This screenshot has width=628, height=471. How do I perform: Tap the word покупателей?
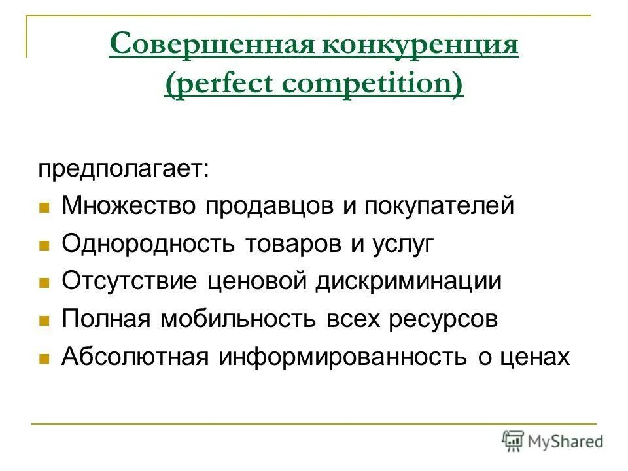439,206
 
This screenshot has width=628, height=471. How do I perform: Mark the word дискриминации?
409,281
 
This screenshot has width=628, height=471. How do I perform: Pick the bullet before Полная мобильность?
44,321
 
